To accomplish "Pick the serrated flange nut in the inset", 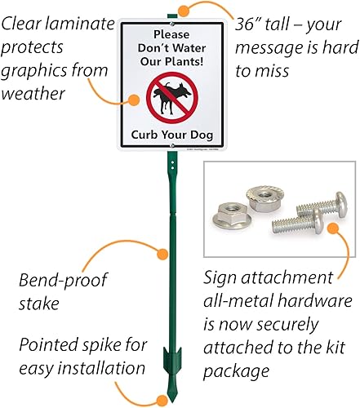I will click(267, 199).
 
